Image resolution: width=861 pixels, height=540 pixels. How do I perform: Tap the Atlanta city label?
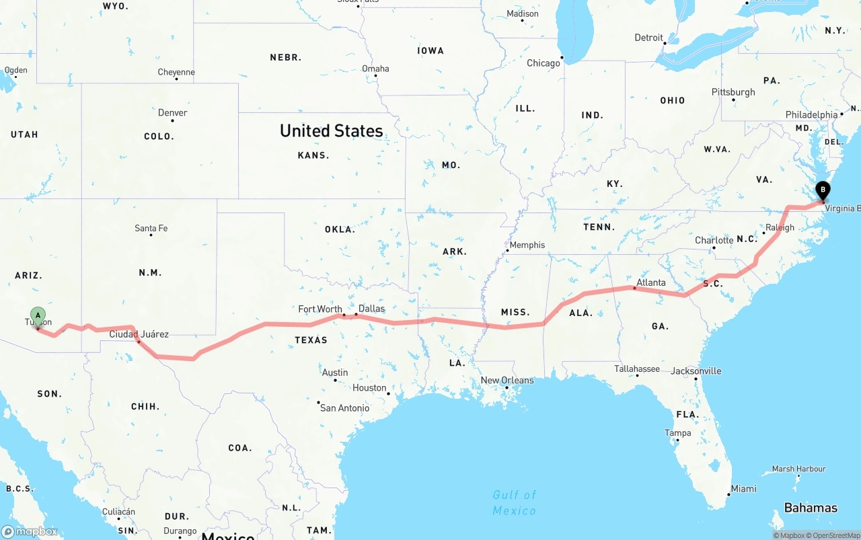tap(651, 282)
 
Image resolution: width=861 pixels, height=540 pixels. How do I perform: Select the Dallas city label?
tap(372, 309)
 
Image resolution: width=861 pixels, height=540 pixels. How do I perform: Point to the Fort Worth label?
tap(320, 309)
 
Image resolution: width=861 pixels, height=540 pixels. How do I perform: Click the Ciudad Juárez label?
tap(139, 334)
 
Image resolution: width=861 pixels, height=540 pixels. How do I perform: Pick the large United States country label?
tap(332, 131)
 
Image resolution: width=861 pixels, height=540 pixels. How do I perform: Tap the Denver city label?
tap(173, 113)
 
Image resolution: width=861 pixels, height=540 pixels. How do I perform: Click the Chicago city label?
tap(544, 63)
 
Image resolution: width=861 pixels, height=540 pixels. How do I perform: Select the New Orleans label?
tap(507, 381)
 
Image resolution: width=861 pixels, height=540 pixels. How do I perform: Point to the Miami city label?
tap(743, 489)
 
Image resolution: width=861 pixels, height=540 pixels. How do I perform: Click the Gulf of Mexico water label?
tap(515, 503)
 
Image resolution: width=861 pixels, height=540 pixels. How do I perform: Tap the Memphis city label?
tap(527, 245)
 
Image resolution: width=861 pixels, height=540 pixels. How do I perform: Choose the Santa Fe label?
tap(151, 229)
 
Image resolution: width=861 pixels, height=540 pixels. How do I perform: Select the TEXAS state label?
tap(311, 340)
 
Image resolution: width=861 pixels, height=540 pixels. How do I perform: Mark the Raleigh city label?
tap(780, 227)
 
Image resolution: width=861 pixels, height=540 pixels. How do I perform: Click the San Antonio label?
tap(344, 408)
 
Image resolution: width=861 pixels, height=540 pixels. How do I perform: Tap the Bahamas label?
tap(811, 508)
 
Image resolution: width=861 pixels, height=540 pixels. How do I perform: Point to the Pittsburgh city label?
tap(733, 92)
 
